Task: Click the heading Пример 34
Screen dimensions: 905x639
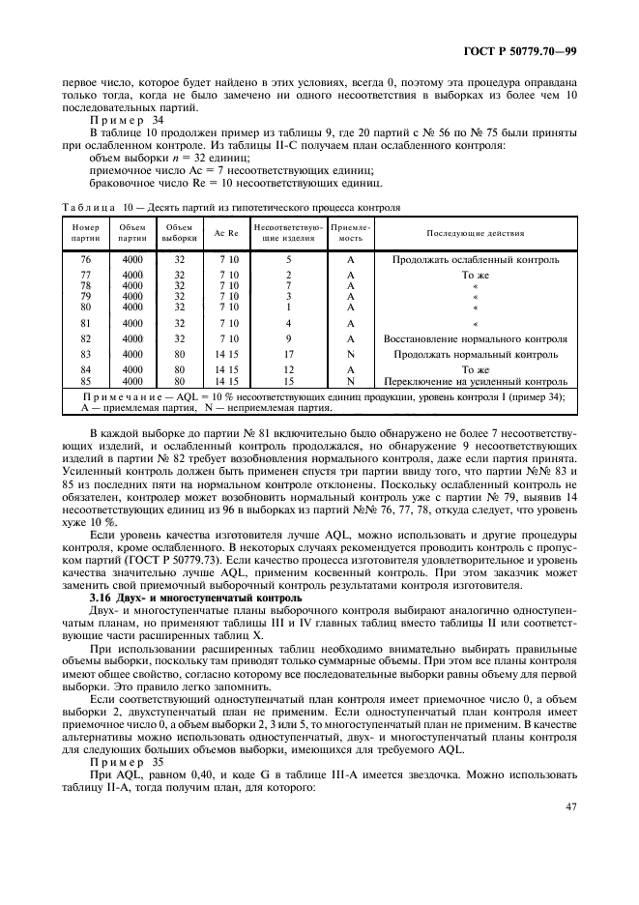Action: point(120,120)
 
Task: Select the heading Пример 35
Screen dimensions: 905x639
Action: point(120,758)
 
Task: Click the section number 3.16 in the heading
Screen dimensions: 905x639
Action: point(101,598)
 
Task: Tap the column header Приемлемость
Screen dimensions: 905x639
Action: point(350,233)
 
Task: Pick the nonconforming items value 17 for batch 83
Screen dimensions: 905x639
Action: point(288,355)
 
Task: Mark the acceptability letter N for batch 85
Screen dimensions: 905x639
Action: point(350,382)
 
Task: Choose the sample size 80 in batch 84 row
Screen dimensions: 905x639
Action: point(179,370)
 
